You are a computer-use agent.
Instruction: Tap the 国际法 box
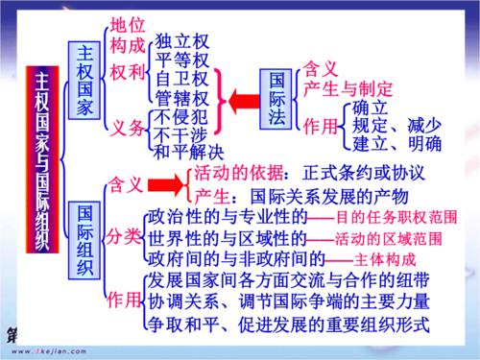[277, 97]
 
